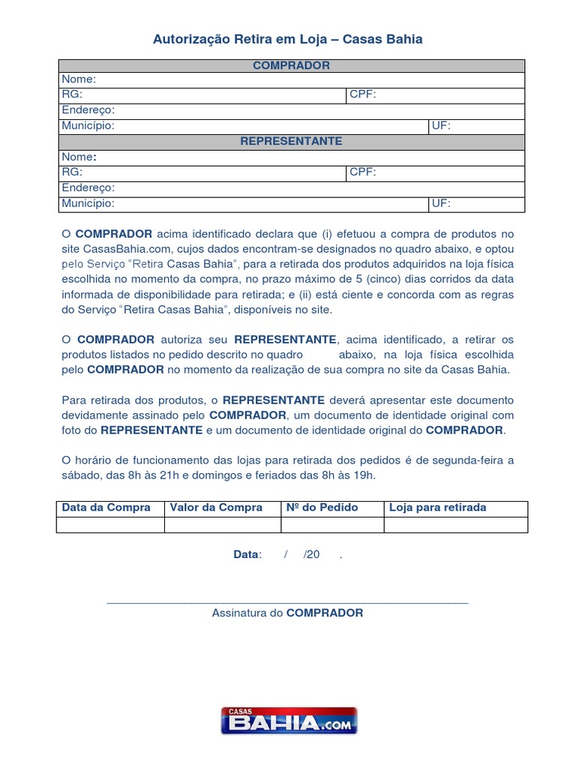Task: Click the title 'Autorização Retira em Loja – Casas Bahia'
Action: point(288,39)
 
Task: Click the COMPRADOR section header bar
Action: point(291,65)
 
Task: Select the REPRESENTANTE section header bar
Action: point(291,141)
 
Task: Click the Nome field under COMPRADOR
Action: point(291,79)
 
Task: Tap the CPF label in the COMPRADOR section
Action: point(362,95)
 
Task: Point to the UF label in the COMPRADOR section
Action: point(441,126)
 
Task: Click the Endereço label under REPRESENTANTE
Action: point(88,187)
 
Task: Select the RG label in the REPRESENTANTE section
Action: point(72,172)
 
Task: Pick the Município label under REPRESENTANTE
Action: point(88,203)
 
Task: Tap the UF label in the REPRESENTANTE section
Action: point(441,203)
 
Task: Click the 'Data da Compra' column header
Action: point(106,508)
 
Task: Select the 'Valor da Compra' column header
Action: point(216,508)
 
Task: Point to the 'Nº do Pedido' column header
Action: point(322,508)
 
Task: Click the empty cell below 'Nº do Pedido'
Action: point(332,524)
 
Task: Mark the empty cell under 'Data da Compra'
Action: point(110,524)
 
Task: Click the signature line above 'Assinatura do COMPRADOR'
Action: point(288,601)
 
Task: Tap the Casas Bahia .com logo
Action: point(289,721)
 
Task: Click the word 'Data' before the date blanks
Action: point(246,554)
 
